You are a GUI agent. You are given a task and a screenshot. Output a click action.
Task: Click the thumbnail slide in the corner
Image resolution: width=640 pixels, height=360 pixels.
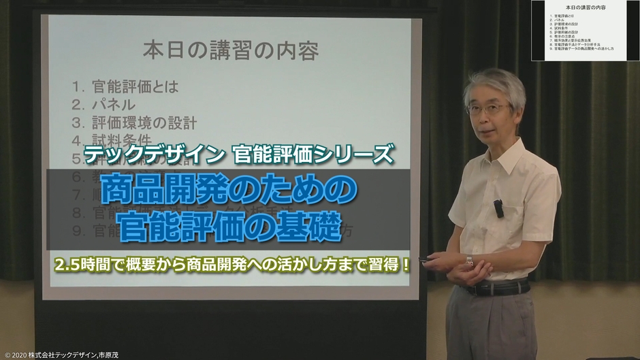click(x=586, y=31)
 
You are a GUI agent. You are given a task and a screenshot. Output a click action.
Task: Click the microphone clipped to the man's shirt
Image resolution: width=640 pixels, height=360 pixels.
click(x=498, y=208)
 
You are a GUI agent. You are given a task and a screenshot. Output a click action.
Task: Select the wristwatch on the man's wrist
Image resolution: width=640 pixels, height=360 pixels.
click(x=469, y=259)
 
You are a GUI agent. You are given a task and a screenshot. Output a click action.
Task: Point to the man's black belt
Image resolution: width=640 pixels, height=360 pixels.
click(x=497, y=289)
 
